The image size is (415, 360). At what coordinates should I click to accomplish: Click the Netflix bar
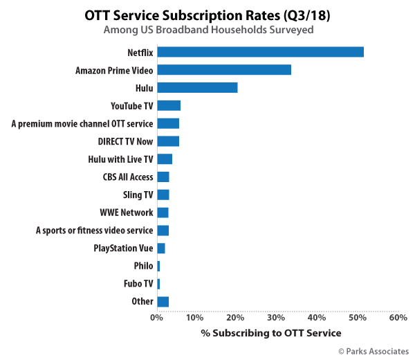click(x=260, y=52)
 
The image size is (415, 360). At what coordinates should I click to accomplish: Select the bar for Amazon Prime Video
click(x=224, y=70)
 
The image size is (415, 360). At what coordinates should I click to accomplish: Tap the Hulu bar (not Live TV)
click(x=197, y=88)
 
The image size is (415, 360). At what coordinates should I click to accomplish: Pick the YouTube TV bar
click(x=169, y=105)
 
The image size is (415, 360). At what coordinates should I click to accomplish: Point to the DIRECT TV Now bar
click(x=168, y=141)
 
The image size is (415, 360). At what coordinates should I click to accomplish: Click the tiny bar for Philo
click(x=158, y=266)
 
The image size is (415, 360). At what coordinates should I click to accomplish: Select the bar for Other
click(x=163, y=301)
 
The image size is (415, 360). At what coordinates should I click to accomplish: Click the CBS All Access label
click(x=128, y=177)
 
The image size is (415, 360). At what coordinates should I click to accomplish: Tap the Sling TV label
click(x=137, y=195)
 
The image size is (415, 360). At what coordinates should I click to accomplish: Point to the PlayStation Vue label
click(x=124, y=248)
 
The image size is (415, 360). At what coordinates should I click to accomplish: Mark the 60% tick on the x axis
click(x=398, y=318)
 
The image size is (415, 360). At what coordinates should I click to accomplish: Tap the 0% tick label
click(x=157, y=318)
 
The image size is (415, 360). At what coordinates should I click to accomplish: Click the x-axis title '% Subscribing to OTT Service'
click(x=277, y=333)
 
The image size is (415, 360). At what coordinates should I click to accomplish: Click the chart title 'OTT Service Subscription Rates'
click(x=207, y=15)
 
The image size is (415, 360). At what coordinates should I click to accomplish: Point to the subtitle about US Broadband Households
click(x=207, y=30)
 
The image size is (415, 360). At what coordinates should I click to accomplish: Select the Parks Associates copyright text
click(x=373, y=352)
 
